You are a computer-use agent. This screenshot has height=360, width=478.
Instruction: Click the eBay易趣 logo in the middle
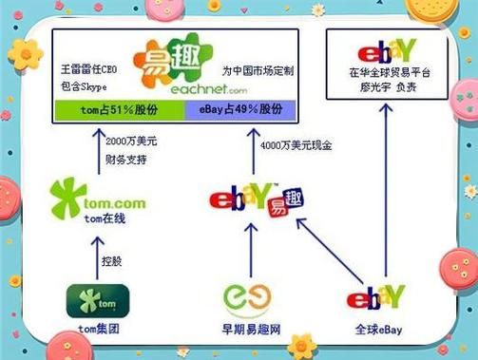point(249,199)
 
